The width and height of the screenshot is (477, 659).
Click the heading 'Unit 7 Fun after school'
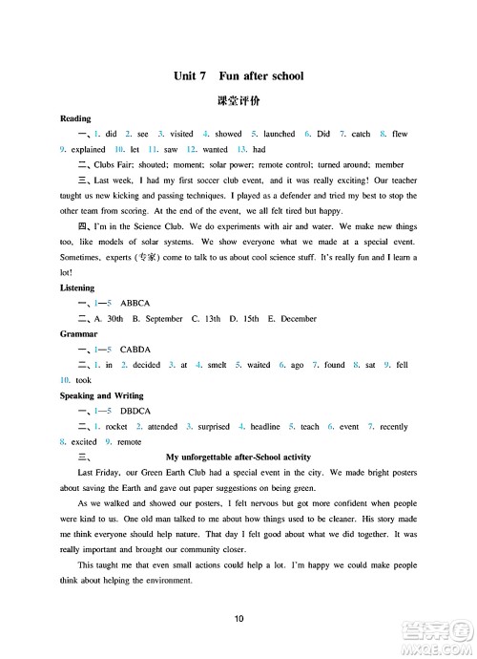coord(239,75)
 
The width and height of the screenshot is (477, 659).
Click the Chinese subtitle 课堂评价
coord(239,99)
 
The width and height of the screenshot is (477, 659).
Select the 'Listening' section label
coord(77,287)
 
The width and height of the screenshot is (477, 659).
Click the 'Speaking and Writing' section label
coord(102,395)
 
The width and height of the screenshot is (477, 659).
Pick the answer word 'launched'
coord(279,135)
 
